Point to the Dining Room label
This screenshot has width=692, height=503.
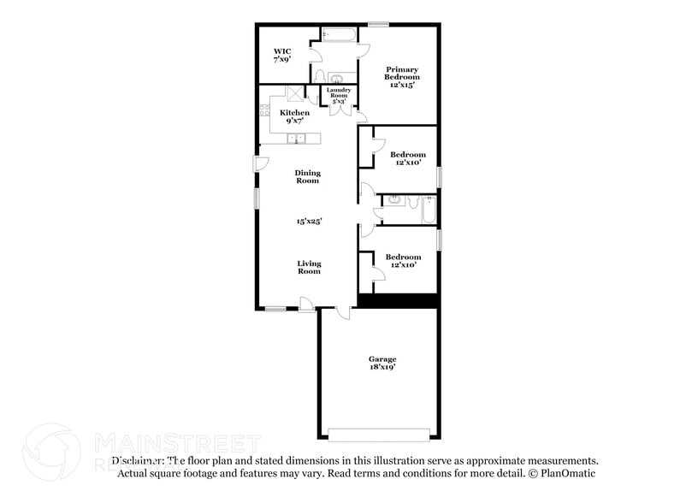(x=308, y=176)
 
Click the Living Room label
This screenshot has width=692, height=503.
(x=309, y=267)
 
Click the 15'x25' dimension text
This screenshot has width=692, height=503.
(x=308, y=221)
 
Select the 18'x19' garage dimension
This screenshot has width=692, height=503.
(x=382, y=368)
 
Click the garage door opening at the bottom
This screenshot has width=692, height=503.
(x=378, y=430)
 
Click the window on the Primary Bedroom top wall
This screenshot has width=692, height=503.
(x=378, y=23)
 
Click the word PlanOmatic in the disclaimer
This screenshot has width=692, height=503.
(x=568, y=473)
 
